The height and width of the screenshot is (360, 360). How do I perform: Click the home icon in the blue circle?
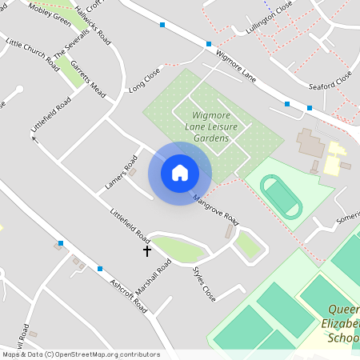pyautogui.click(x=180, y=172)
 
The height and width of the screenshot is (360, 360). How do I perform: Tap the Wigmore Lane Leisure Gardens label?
pyautogui.click(x=214, y=126)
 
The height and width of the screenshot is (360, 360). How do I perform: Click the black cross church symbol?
pyautogui.click(x=147, y=251)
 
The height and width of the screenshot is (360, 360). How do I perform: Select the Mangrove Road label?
pyautogui.click(x=216, y=208)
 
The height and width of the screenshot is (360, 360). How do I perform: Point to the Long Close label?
pyautogui.click(x=144, y=78)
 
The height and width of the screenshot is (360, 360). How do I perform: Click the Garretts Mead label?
pyautogui.click(x=88, y=78)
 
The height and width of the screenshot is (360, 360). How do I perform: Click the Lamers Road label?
pyautogui.click(x=116, y=176)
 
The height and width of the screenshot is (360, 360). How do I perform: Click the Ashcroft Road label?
pyautogui.click(x=130, y=294)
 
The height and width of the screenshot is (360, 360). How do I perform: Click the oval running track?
pyautogui.click(x=282, y=198)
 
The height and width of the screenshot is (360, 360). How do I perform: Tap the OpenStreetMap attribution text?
pyautogui.click(x=80, y=354)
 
